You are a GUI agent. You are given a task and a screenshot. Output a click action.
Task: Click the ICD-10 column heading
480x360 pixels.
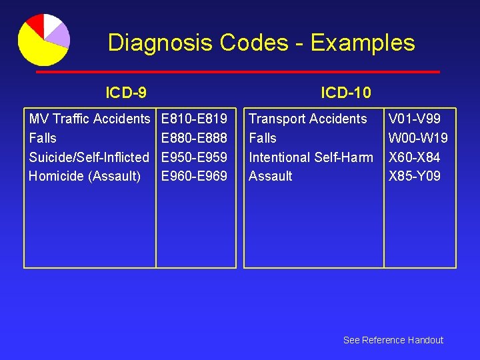click(346, 92)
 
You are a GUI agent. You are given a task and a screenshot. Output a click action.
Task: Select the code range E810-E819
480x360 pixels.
click(195, 119)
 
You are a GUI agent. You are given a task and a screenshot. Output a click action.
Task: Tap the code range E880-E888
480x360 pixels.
click(195, 138)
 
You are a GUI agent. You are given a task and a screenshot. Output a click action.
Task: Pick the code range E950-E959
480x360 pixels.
click(195, 157)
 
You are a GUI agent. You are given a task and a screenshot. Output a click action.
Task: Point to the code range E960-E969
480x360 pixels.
click(195, 176)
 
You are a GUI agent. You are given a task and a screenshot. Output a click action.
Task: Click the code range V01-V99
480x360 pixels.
click(414, 119)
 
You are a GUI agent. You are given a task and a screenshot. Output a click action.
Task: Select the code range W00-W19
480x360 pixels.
click(418, 138)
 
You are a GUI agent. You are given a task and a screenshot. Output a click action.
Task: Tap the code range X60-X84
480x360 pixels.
click(415, 157)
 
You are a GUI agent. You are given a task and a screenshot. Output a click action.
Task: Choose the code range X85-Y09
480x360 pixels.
click(415, 176)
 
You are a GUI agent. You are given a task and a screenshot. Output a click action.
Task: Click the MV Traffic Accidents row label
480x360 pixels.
click(89, 119)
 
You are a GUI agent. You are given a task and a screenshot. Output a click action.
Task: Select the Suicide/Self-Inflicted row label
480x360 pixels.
click(89, 157)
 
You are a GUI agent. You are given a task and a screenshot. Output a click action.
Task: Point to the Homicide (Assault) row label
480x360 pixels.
click(85, 176)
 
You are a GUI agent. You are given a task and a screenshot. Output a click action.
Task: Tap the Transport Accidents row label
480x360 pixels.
click(308, 119)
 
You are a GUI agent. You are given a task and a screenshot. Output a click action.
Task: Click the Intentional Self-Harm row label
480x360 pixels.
click(311, 157)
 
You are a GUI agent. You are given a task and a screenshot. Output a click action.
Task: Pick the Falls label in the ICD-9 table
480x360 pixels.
click(43, 138)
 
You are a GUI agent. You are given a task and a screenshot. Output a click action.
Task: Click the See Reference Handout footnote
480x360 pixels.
click(393, 340)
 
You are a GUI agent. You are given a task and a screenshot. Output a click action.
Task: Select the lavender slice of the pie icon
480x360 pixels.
click(60, 34)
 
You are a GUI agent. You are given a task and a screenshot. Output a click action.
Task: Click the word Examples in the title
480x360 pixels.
click(363, 43)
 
